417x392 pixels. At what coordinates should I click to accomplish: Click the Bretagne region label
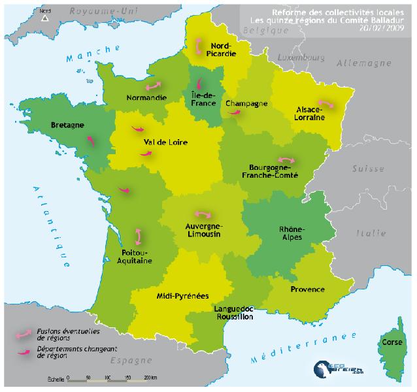point(65,123)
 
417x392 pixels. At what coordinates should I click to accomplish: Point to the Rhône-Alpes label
point(291,234)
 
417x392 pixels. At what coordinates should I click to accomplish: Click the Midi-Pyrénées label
point(178,295)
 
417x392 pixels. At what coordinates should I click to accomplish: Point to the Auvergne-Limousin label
point(203,229)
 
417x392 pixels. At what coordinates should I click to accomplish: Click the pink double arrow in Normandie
point(154,86)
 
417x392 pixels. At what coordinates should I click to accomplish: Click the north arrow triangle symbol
point(45,18)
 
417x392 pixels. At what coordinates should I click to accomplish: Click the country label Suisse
point(367,168)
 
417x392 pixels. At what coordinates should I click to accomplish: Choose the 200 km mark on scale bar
point(149,378)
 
